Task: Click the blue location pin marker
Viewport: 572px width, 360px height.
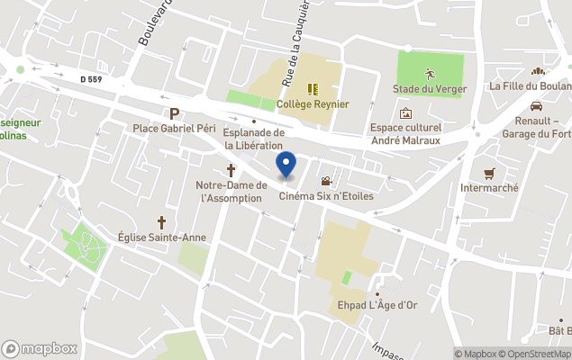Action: pyautogui.click(x=286, y=165)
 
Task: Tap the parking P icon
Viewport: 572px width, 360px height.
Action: pyautogui.click(x=174, y=113)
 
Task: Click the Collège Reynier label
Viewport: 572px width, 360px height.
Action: pyautogui.click(x=313, y=103)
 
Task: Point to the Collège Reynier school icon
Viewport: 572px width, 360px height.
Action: pyautogui.click(x=313, y=88)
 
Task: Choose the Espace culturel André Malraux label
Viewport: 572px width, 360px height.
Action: pyautogui.click(x=405, y=133)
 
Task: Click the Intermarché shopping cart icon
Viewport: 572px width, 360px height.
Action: pyautogui.click(x=489, y=173)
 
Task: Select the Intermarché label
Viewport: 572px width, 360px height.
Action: pyautogui.click(x=489, y=188)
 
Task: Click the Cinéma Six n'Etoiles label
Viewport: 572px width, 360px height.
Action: pyautogui.click(x=325, y=196)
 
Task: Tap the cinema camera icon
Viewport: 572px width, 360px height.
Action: pyautogui.click(x=326, y=181)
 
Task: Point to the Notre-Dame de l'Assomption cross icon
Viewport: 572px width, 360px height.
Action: pyautogui.click(x=231, y=169)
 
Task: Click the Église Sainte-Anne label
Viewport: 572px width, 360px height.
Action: pyautogui.click(x=162, y=238)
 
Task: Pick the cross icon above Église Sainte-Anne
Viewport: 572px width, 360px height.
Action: pyautogui.click(x=162, y=221)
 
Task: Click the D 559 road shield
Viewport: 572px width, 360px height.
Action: pyautogui.click(x=92, y=79)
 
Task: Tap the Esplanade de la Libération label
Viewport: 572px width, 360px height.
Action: pyautogui.click(x=254, y=139)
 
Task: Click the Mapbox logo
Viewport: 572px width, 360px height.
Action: pyautogui.click(x=40, y=348)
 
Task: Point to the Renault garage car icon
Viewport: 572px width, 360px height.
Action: pyautogui.click(x=536, y=104)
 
